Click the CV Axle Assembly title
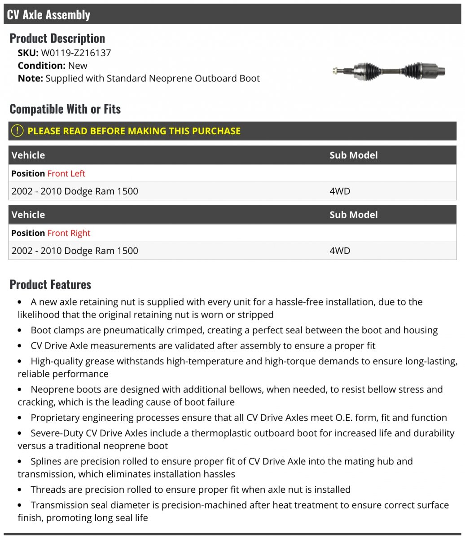click(48, 15)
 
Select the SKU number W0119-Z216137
click(76, 53)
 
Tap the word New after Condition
click(78, 66)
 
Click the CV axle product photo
click(389, 71)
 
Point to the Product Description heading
click(57, 38)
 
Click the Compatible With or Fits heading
click(65, 109)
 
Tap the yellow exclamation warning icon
click(17, 131)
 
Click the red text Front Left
click(66, 173)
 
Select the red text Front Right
click(69, 233)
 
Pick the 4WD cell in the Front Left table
click(340, 191)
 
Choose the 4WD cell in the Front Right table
click(340, 251)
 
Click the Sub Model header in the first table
click(353, 155)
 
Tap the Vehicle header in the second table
click(28, 215)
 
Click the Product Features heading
click(50, 284)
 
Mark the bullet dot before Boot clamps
click(20, 331)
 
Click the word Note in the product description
click(30, 78)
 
